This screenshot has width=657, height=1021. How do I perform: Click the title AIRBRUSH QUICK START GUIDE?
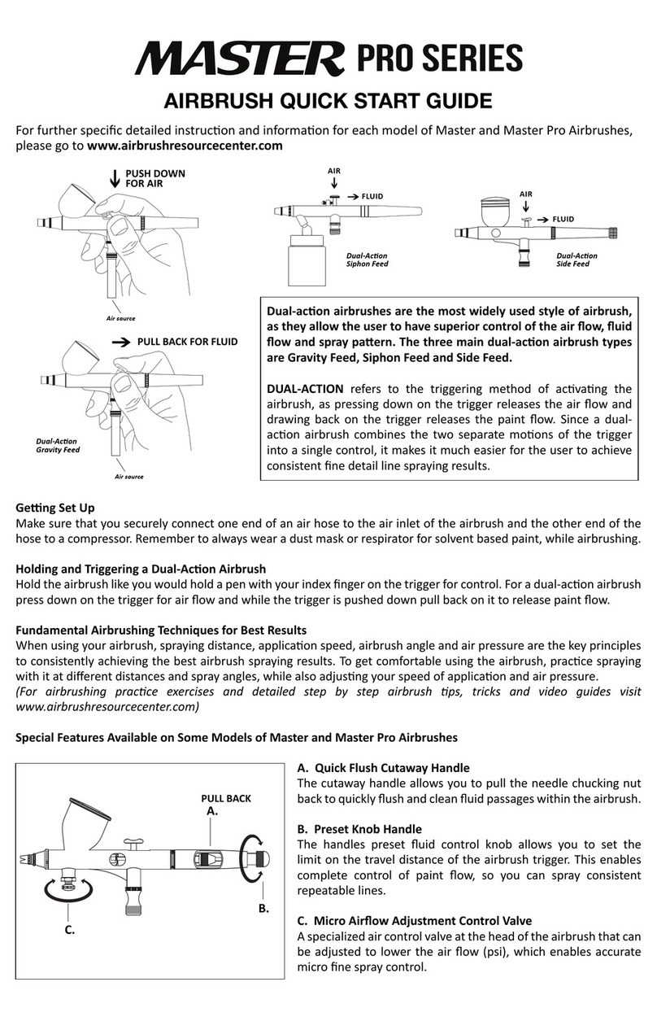(328, 101)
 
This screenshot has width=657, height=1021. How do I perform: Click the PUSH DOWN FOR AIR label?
(154, 178)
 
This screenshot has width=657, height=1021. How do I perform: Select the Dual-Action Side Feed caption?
(577, 260)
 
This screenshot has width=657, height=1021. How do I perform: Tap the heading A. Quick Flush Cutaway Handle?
(383, 767)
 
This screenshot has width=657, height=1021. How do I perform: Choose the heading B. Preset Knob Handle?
(359, 829)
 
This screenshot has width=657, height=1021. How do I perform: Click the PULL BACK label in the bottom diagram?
(226, 798)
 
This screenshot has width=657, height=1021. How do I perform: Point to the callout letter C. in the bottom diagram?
(70, 929)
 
